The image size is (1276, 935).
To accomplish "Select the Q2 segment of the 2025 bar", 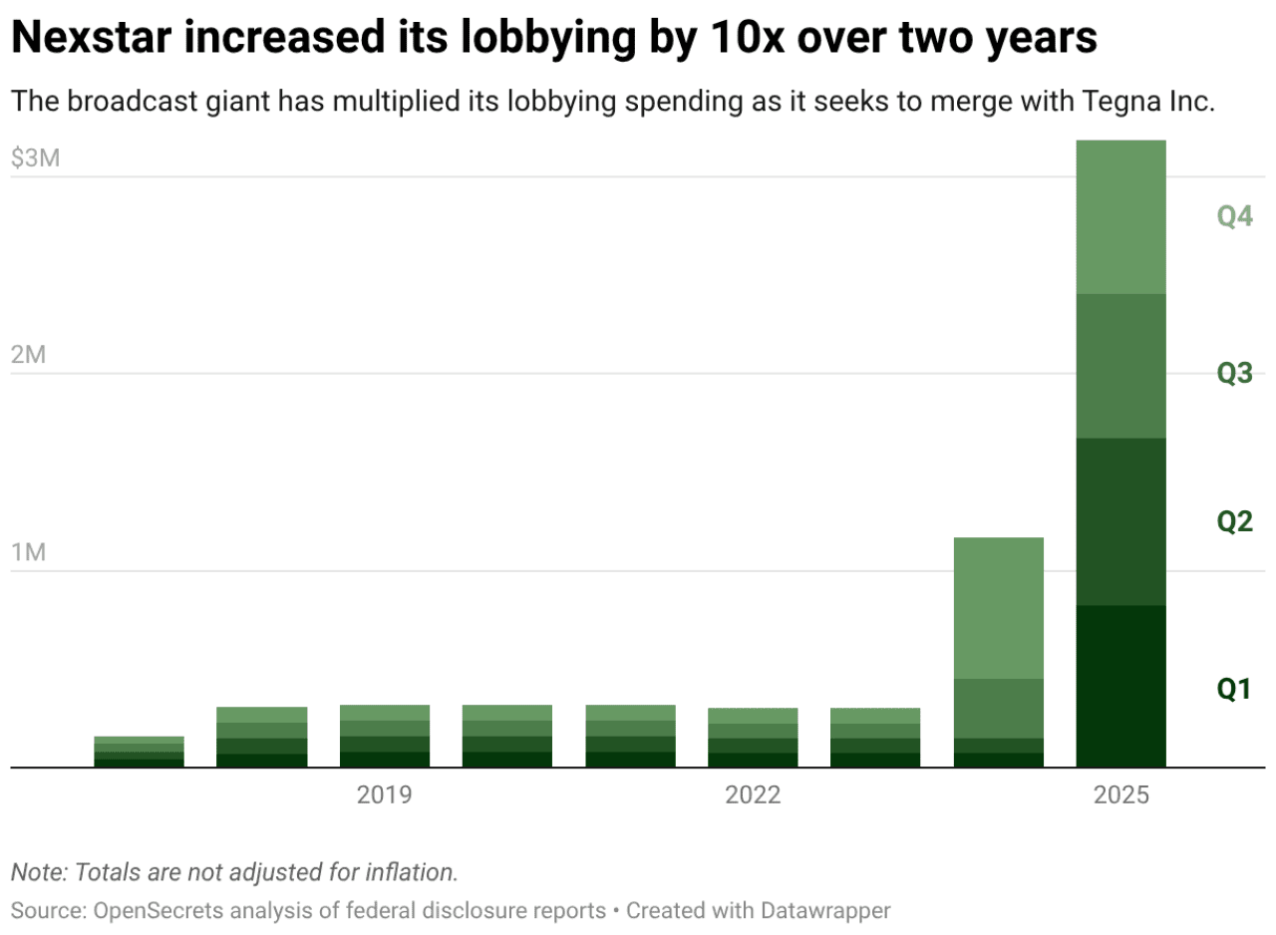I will click(1120, 521).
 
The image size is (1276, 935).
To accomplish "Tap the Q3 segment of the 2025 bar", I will click(1120, 366).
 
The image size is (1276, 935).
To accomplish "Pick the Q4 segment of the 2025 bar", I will click(1120, 217).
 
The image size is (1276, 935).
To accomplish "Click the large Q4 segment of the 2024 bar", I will click(998, 608).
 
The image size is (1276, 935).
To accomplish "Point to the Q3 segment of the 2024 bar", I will click(998, 708).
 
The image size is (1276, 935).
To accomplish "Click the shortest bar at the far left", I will click(140, 752).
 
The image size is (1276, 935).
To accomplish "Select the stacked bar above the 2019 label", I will click(385, 736).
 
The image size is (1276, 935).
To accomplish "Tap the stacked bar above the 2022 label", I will click(753, 738).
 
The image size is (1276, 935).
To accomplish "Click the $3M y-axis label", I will click(36, 159).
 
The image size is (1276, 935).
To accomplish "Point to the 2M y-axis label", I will click(29, 356).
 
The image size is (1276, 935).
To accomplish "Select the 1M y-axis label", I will click(29, 553).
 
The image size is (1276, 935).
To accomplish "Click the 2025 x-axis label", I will click(1120, 795).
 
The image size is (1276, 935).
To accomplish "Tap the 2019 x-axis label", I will click(385, 795).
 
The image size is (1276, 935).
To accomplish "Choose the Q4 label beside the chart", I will click(1234, 216).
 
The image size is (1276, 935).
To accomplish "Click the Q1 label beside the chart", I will click(1233, 688).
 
